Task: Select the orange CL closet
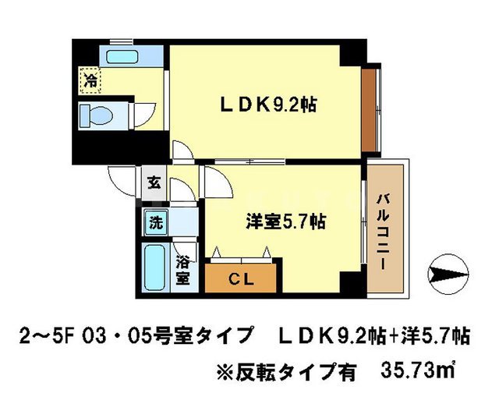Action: [x=241, y=276]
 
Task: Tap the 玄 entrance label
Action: [x=154, y=184]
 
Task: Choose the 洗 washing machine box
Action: [x=156, y=221]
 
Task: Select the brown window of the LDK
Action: [x=369, y=108]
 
